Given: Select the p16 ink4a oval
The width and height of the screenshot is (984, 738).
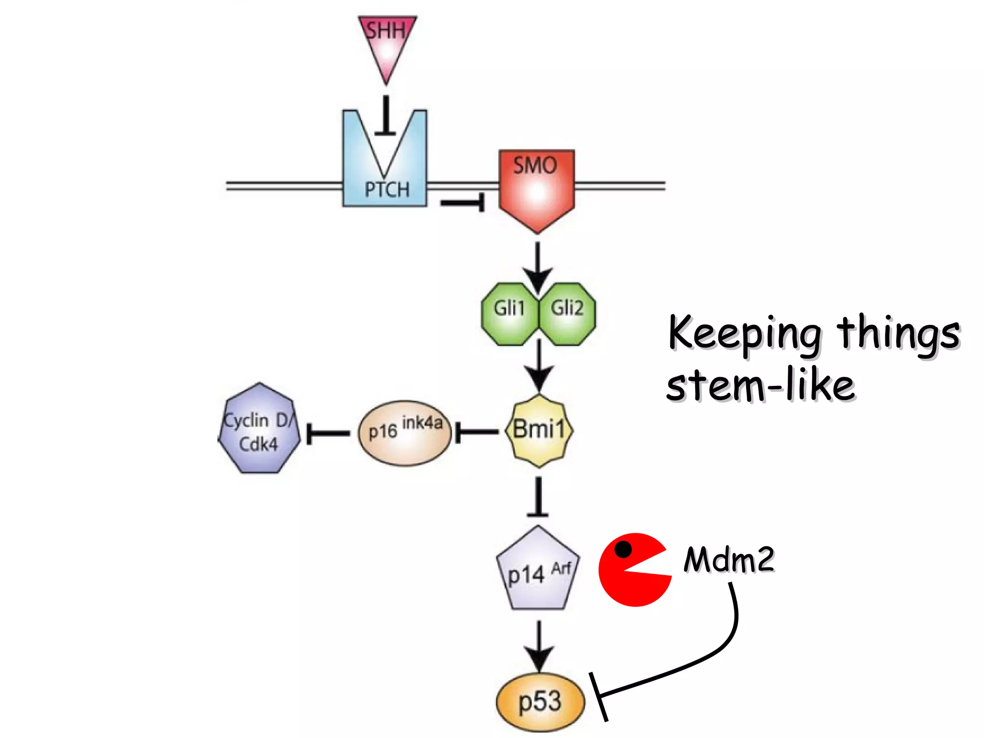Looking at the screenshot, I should (405, 432).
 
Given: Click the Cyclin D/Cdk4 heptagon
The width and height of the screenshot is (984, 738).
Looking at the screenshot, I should (259, 430).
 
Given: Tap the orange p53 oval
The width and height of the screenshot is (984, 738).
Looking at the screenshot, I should (540, 701).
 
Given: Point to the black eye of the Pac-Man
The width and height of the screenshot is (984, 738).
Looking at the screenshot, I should (623, 549).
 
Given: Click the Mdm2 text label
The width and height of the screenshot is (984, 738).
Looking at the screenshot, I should (729, 559).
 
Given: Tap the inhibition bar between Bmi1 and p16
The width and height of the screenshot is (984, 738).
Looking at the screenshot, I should (476, 432).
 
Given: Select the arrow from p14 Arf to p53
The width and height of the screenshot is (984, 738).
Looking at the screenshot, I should (539, 646).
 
